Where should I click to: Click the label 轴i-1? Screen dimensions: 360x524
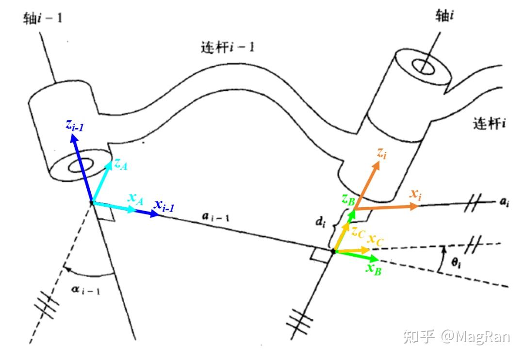pos(43,19)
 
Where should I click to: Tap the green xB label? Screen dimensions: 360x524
pos(373,268)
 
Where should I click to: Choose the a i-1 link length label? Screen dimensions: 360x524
pos(214,217)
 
